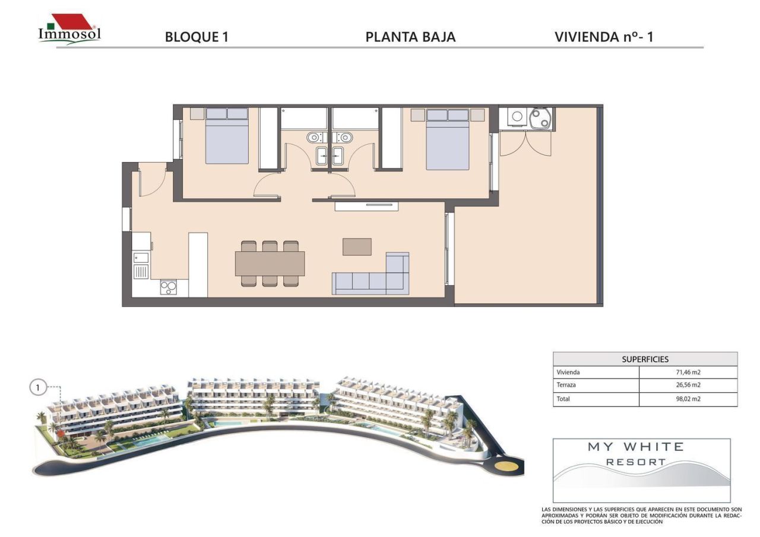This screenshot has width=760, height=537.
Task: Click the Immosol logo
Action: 69,30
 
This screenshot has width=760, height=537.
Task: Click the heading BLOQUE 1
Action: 197,37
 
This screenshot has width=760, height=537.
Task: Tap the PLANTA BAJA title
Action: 410,37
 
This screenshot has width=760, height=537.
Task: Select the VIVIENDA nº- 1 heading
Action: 604,37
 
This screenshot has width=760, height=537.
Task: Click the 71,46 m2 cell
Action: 688,372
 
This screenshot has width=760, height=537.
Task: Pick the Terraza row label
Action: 566,385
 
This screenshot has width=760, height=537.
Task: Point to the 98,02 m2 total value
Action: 688,399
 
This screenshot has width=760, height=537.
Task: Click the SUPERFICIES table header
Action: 645,360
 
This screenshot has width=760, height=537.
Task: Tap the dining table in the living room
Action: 270,263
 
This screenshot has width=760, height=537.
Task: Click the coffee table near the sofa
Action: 357,247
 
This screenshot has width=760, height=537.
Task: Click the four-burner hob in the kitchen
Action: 169,288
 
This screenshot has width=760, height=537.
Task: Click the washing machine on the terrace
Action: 517,117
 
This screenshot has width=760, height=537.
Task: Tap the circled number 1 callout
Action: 37,387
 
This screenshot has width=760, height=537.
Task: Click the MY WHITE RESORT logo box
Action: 642,471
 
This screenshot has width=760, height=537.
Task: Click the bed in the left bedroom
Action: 227,136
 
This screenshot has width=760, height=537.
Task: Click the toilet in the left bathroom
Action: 315,138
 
